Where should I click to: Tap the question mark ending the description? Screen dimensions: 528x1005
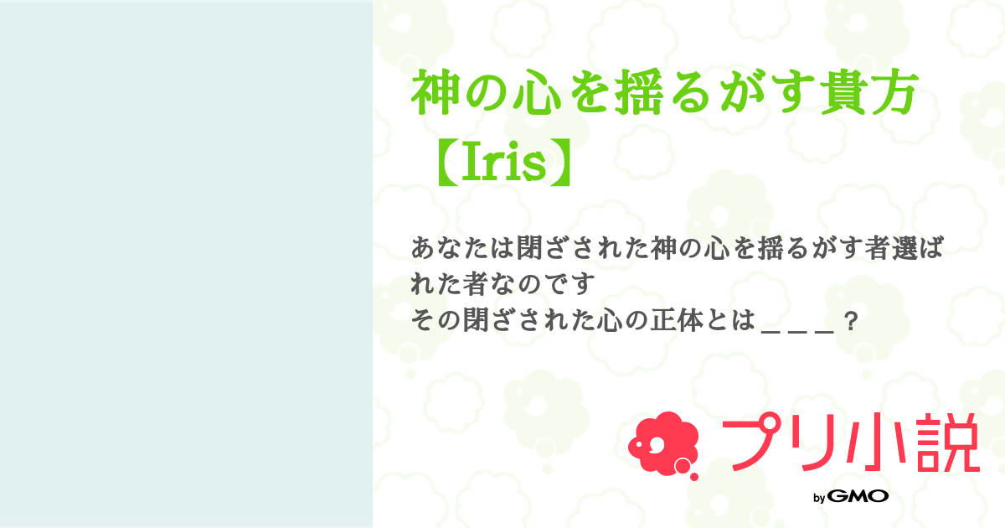click(851, 323)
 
